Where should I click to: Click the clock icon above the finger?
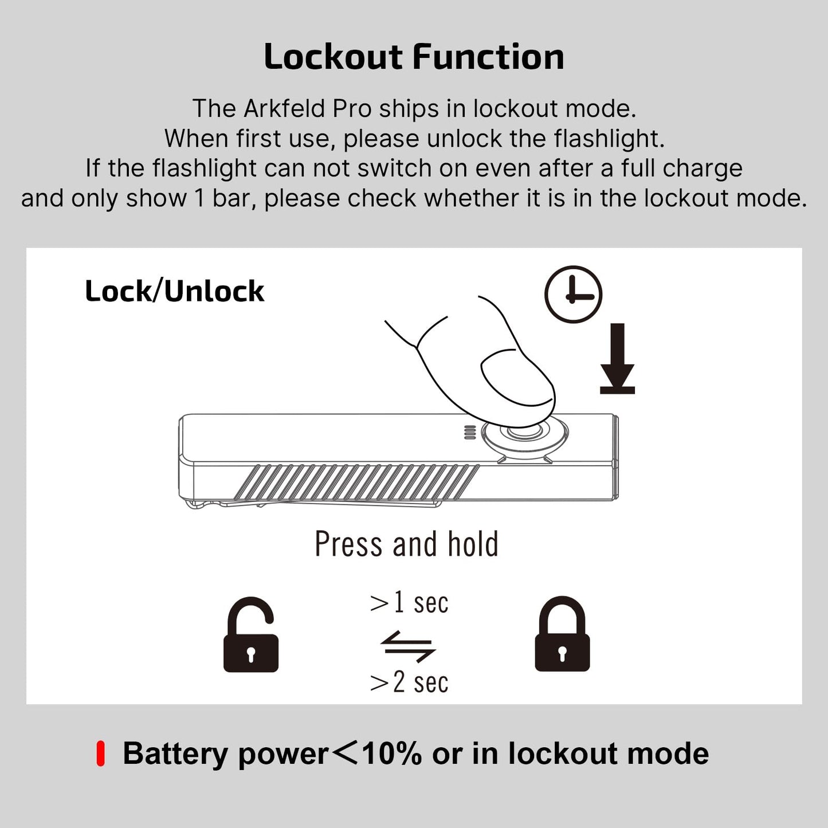coord(573,294)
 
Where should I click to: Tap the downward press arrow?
coord(617,359)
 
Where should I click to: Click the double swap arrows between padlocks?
coord(408,646)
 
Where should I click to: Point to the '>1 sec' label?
coord(409,603)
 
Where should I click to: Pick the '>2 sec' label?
coord(409,682)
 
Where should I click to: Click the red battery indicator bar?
coord(100,754)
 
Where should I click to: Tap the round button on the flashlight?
coord(525,433)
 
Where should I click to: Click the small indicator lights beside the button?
coord(470,433)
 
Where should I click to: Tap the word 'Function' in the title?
coord(488,57)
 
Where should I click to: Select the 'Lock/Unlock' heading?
coord(174,291)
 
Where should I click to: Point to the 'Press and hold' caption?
coord(406,544)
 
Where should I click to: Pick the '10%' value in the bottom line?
coord(392,754)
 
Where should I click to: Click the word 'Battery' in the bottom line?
coord(175,754)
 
